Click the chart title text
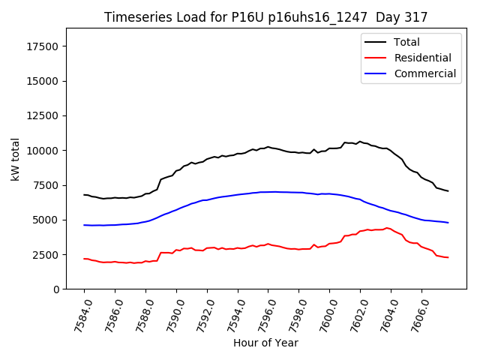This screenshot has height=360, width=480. (x=265, y=17)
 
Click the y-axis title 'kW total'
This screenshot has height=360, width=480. (x=15, y=159)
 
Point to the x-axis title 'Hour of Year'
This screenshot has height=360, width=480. (x=265, y=343)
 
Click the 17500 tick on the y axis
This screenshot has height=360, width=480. (x=43, y=46)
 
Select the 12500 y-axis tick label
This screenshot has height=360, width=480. (x=43, y=116)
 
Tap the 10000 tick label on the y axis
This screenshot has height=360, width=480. (x=43, y=151)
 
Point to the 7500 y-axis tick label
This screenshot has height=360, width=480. (x=46, y=185)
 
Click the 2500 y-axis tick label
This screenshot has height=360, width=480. (x=46, y=255)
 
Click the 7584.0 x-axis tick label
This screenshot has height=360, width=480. (x=78, y=313)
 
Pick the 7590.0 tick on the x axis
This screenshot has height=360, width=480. (x=170, y=313)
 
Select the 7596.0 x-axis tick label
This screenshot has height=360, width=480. (x=262, y=313)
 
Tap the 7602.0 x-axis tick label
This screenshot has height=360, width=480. (x=354, y=313)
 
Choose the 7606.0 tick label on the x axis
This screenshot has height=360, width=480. (x=415, y=313)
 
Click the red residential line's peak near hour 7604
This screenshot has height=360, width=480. (x=387, y=228)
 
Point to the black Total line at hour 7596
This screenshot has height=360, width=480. (x=268, y=147)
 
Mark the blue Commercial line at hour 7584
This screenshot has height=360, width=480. (x=84, y=225)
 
